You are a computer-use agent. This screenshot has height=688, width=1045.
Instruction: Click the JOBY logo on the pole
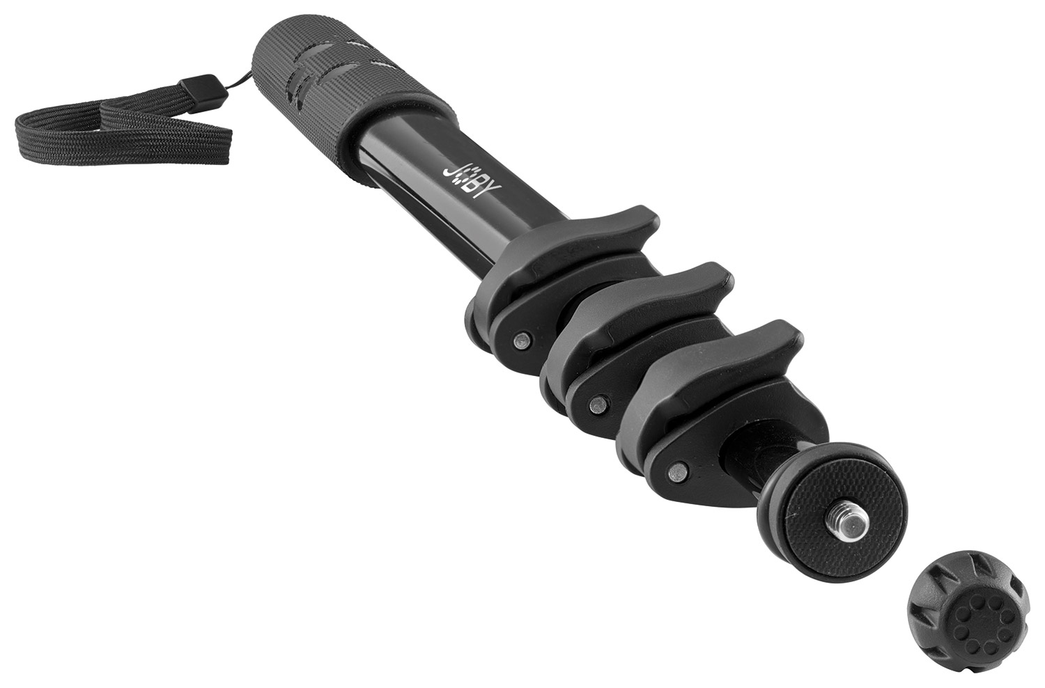tap(471, 182)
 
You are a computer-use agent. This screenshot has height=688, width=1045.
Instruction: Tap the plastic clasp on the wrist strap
tap(202, 93)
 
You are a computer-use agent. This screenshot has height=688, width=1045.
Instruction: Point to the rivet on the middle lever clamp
tap(598, 405)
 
